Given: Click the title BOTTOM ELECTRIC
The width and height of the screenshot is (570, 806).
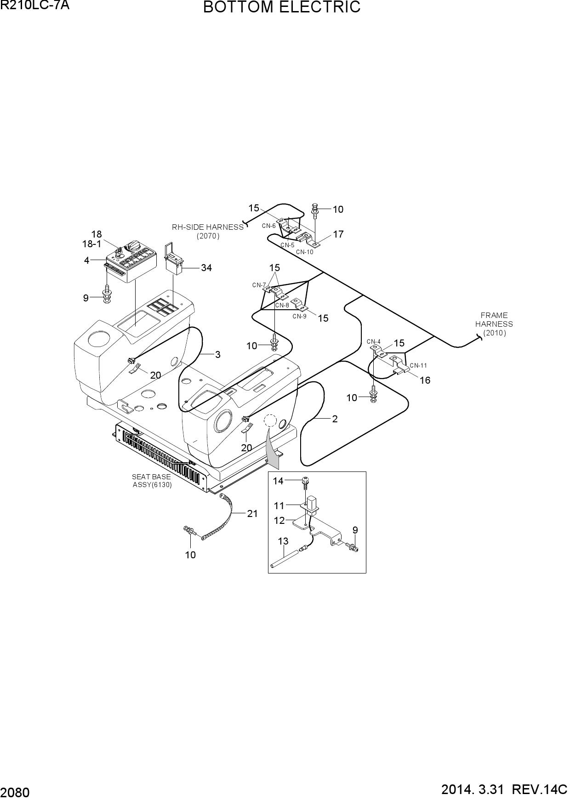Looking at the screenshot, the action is [x=282, y=8].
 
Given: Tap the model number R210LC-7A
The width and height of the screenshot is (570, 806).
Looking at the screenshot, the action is [x=35, y=6].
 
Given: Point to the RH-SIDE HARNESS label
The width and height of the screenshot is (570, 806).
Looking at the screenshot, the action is [x=208, y=227].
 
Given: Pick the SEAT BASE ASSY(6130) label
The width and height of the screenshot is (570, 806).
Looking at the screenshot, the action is [x=152, y=481].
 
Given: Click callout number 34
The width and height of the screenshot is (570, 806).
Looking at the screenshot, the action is [x=206, y=268].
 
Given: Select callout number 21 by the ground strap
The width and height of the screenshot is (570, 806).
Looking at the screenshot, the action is [x=252, y=514].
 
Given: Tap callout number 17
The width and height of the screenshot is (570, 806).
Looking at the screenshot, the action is [x=338, y=234].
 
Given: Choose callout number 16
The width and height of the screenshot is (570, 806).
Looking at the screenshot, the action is [x=425, y=380].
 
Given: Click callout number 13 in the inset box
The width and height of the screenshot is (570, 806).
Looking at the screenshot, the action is [x=283, y=541].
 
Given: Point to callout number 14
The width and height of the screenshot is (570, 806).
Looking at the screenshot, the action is [x=278, y=481].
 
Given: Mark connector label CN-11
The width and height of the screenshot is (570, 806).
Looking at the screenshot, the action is [x=418, y=366].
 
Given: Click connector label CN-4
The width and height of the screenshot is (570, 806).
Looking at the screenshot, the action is [x=374, y=341].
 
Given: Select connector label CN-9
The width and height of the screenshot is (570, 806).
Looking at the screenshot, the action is [x=299, y=316].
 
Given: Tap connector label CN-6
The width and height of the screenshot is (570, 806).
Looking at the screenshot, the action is [x=269, y=226].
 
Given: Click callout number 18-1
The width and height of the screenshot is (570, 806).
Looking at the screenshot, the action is [x=92, y=244].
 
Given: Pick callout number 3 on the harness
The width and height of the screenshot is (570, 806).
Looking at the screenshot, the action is [x=218, y=355].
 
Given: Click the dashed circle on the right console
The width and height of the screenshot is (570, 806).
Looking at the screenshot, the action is [x=270, y=420].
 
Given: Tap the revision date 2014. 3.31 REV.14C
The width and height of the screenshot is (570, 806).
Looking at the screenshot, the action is [x=504, y=790].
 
